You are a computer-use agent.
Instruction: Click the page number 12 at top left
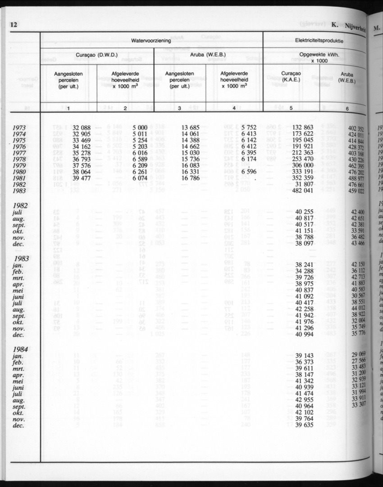pos(13,25)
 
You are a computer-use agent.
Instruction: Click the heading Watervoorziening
pos(151,41)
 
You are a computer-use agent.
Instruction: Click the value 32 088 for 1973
pos(79,128)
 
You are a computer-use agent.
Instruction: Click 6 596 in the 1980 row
pos(249,172)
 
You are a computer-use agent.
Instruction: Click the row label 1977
pos(23,153)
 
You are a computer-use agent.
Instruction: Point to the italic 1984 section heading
pos(21,349)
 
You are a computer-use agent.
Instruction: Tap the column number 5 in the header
pos(291,108)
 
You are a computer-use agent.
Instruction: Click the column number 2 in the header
pos(125,108)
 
